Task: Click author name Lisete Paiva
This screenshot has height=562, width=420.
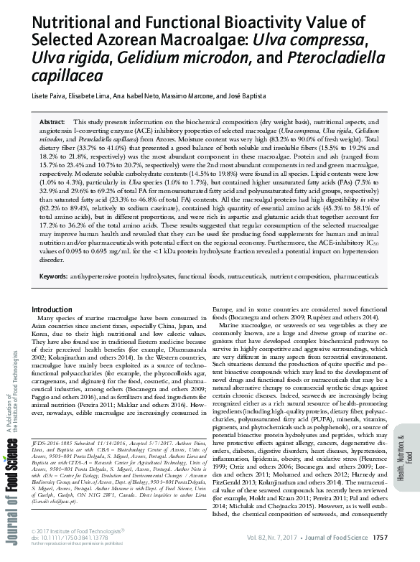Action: (x=47, y=95)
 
